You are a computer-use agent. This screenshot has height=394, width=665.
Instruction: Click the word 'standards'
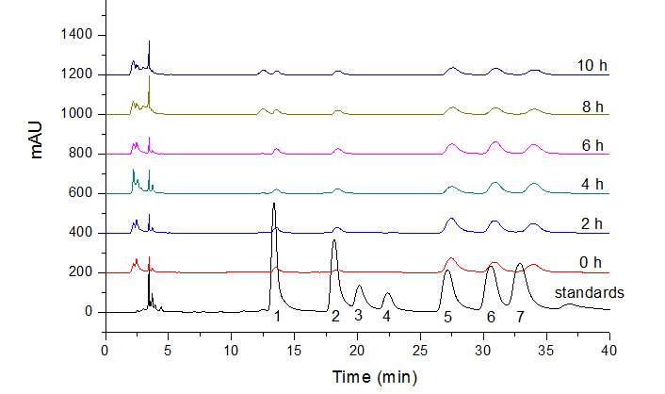(x=590, y=293)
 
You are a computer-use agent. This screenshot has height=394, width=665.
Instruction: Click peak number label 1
(x=277, y=318)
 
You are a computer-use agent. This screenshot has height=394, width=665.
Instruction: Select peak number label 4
(x=386, y=318)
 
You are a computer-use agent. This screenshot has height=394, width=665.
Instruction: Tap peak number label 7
(x=519, y=318)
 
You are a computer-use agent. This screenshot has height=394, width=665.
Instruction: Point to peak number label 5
(x=447, y=318)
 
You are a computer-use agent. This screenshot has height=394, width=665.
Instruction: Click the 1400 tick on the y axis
(x=76, y=35)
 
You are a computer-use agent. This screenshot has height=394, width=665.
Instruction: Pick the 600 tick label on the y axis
(x=80, y=193)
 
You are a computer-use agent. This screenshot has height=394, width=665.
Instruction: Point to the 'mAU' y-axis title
(x=39, y=134)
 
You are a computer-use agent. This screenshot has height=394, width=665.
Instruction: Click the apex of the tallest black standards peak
(x=274, y=204)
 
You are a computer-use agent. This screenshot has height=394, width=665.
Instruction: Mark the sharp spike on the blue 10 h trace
(x=149, y=41)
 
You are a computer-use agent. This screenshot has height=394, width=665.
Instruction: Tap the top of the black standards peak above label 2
(x=333, y=240)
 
